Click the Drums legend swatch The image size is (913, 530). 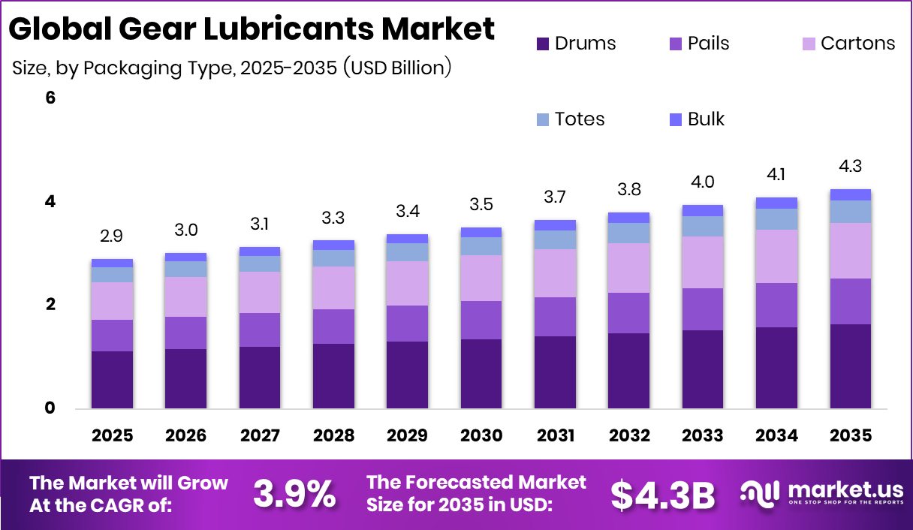(x=544, y=44)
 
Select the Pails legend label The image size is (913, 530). (x=708, y=44)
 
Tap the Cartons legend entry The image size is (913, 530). (x=857, y=44)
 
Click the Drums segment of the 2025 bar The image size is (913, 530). (x=112, y=380)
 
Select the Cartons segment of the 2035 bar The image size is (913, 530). (x=851, y=251)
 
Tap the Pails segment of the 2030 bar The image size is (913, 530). (x=481, y=320)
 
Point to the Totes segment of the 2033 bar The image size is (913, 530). (x=703, y=226)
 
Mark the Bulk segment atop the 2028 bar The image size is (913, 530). (x=333, y=245)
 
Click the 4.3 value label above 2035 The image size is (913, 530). (x=851, y=166)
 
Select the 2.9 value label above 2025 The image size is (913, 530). (x=112, y=236)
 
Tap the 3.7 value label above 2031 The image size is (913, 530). (x=555, y=197)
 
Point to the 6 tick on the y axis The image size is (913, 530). (x=51, y=98)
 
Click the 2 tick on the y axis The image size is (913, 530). (x=51, y=305)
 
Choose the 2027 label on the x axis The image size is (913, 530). (x=260, y=436)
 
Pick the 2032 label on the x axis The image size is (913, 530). (x=629, y=436)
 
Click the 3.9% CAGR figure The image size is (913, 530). (x=294, y=493)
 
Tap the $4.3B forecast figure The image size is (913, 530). (x=662, y=493)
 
